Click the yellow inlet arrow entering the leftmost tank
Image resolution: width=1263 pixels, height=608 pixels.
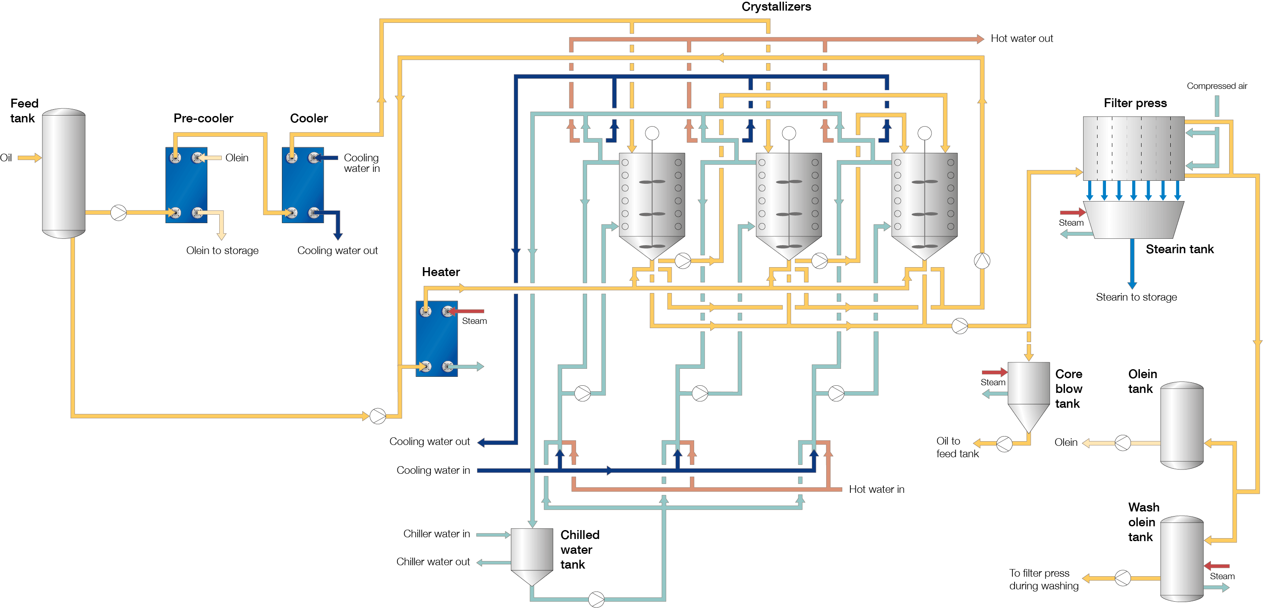tap(30, 158)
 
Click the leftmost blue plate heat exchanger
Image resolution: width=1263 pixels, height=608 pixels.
tap(186, 185)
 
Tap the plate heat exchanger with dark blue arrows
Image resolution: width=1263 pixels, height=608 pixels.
tap(303, 185)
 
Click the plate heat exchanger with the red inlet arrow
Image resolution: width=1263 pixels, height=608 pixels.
tap(436, 338)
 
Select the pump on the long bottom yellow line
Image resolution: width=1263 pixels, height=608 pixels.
tap(378, 416)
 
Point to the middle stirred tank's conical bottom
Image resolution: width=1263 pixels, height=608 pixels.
tap(789, 248)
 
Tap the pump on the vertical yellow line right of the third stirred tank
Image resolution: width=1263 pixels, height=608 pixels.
tap(982, 261)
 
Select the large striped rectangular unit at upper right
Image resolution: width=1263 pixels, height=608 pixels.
tap(1133, 148)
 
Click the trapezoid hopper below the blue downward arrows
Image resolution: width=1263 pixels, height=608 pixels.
tap(1133, 220)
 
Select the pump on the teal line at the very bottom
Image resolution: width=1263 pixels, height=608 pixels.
tap(596, 599)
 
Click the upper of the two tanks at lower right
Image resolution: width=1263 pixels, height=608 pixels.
tap(1182, 425)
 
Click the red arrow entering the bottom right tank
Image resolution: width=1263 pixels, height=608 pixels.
tap(1217, 566)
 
